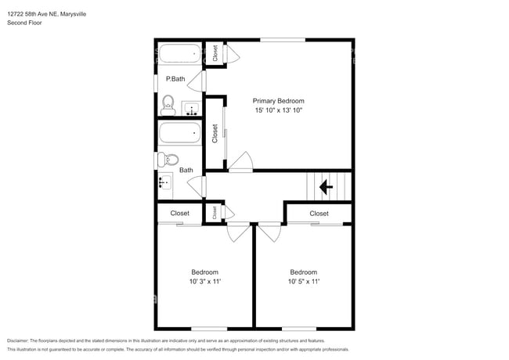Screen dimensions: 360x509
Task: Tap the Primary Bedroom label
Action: click(278, 101)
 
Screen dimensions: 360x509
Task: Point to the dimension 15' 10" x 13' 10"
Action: click(278, 111)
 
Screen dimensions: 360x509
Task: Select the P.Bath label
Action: click(175, 79)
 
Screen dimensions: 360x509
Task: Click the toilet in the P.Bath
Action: click(167, 104)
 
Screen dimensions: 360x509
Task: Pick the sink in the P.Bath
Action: click(190, 108)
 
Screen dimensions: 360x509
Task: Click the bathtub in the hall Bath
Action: click(180, 132)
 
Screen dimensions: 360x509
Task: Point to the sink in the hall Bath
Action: click(164, 183)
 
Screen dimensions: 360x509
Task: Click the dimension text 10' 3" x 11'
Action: click(204, 282)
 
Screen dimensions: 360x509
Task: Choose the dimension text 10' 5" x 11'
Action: click(303, 282)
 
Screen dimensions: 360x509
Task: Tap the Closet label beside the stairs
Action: click(319, 213)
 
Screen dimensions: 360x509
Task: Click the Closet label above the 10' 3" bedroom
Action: click(179, 213)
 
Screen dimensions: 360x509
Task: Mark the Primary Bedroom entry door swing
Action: click(240, 162)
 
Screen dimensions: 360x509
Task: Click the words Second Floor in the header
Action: click(25, 23)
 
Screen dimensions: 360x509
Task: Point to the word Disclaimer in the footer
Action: click(21, 340)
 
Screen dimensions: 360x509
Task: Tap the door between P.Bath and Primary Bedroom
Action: click(204, 81)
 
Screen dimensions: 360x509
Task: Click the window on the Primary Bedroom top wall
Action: click(282, 40)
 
